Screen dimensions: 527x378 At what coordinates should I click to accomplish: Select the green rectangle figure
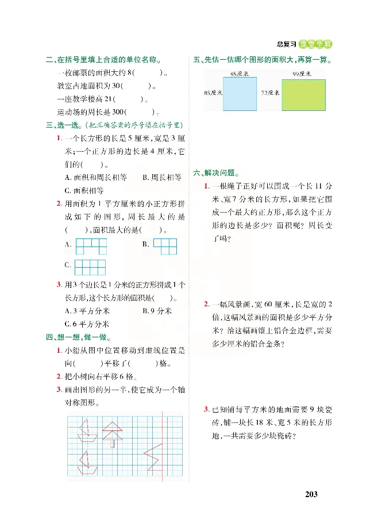(x=303, y=93)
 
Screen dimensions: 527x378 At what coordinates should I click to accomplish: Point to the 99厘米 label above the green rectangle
(x=300, y=74)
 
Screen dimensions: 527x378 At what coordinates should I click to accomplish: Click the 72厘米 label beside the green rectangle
(x=270, y=92)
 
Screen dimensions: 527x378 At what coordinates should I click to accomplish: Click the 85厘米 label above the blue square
(x=238, y=74)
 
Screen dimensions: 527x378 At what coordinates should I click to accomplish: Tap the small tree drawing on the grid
(x=113, y=434)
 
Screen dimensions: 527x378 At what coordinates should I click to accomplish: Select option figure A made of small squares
(x=92, y=245)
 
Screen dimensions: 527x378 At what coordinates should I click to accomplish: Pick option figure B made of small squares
(x=165, y=245)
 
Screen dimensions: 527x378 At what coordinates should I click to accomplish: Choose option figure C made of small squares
(x=91, y=267)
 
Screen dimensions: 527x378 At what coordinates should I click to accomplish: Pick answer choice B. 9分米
(x=157, y=311)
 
